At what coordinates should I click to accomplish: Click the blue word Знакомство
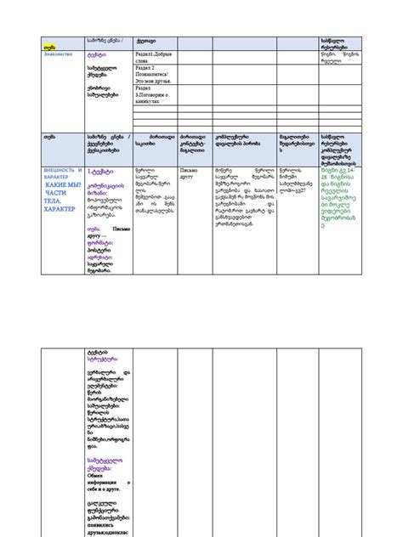click(x=57, y=53)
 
